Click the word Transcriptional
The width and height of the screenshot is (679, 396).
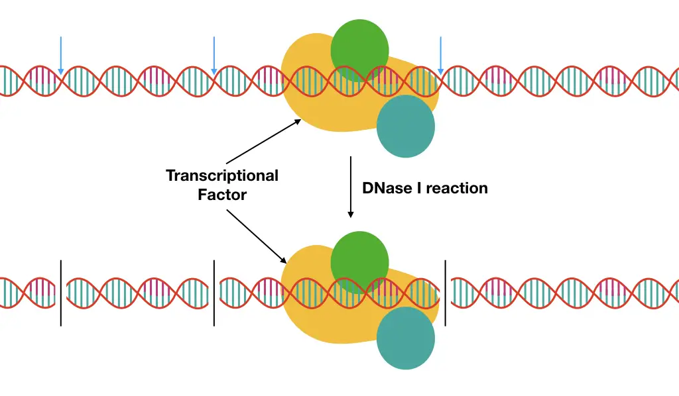click(222, 176)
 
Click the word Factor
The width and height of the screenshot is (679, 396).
click(222, 195)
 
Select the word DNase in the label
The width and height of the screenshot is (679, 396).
click(387, 188)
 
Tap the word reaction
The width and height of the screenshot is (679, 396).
click(457, 189)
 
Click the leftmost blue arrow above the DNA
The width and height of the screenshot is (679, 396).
click(60, 56)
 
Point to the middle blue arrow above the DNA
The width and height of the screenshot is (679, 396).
click(214, 56)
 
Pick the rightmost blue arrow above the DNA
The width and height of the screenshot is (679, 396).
click(440, 56)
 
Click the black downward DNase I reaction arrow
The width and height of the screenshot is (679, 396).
click(351, 187)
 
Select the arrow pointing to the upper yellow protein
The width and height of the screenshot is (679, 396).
click(264, 141)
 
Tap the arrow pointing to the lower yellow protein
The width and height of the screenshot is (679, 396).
click(257, 236)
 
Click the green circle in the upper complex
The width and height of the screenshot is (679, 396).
click(359, 50)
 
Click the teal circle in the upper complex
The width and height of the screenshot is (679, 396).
click(405, 126)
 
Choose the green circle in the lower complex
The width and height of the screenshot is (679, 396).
click(359, 262)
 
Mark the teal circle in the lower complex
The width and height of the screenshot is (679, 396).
click(405, 338)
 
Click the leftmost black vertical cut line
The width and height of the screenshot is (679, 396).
click(61, 293)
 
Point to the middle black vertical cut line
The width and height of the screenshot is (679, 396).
click(214, 293)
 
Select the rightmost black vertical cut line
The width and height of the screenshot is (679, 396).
click(445, 293)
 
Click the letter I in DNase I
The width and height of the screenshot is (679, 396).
click(419, 188)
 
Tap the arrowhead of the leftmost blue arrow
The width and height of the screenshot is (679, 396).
click(60, 72)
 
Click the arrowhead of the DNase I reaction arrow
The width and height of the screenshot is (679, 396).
click(351, 215)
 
